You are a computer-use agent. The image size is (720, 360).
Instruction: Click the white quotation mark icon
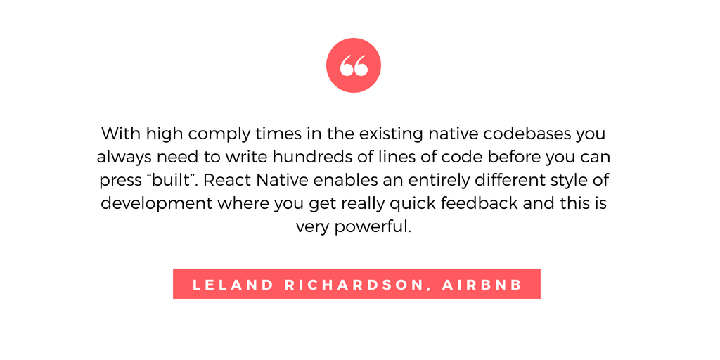click(x=354, y=65)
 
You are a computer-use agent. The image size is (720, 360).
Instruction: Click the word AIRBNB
click(x=482, y=285)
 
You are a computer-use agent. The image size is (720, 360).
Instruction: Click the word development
click(x=157, y=203)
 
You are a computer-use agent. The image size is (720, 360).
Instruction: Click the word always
click(x=124, y=157)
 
